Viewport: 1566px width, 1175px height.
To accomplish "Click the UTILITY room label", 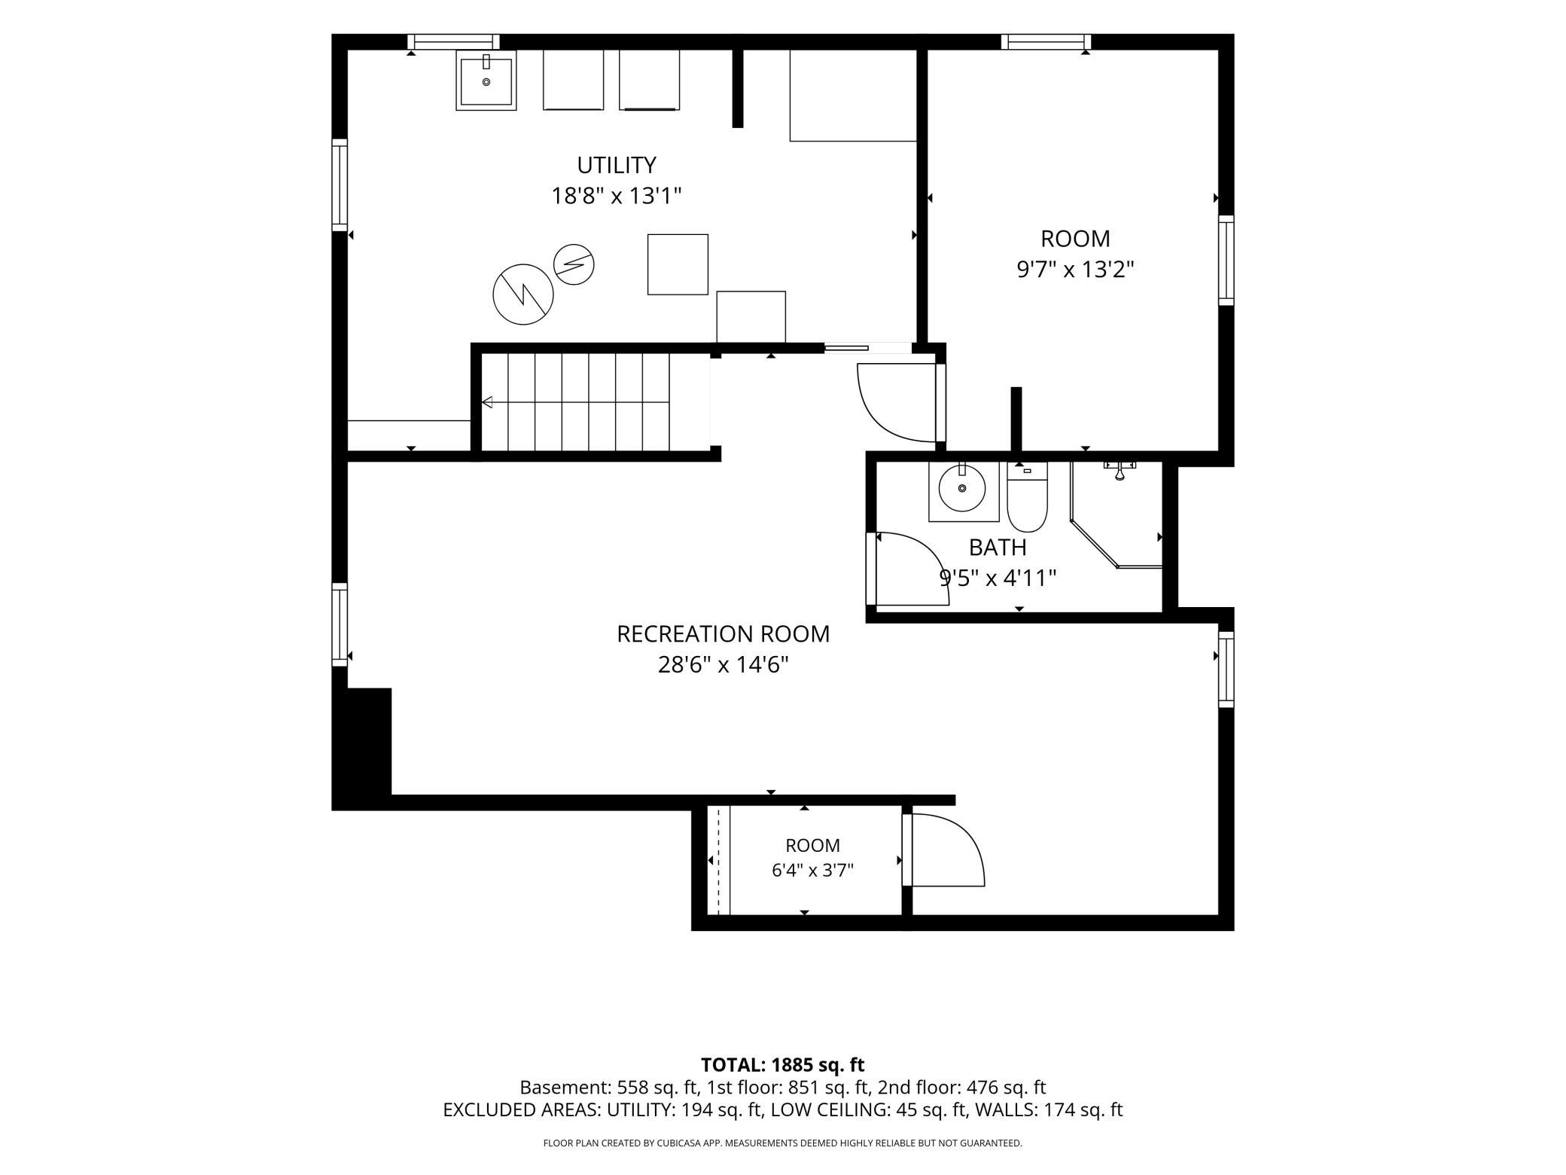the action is tap(616, 165).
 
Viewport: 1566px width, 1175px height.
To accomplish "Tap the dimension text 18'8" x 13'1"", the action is tap(616, 197).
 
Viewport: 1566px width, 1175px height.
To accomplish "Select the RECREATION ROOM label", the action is tap(723, 634).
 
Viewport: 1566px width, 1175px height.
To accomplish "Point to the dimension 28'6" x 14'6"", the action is tap(723, 666).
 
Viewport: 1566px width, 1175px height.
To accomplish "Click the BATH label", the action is tap(998, 547).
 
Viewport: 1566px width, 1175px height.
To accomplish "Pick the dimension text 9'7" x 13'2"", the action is tap(1075, 270).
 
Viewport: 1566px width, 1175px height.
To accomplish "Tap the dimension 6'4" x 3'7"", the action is tap(812, 871).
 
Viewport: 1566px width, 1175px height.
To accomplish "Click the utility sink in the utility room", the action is tap(486, 81).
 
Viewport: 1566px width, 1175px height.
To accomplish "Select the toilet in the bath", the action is tap(1027, 497).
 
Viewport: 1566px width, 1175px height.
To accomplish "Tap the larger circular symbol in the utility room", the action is tap(523, 295).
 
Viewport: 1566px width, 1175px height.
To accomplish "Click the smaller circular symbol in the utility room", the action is tap(574, 264).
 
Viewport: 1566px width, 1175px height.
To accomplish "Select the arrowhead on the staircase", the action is tap(487, 402).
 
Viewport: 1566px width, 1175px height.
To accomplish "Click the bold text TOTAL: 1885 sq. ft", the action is tap(782, 1065).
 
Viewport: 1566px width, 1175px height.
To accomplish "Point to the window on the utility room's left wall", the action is tap(340, 185).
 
